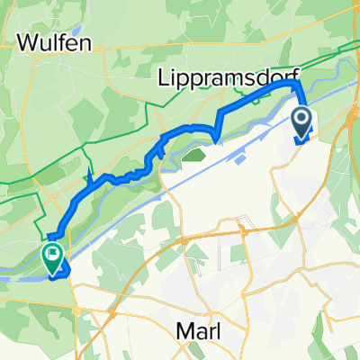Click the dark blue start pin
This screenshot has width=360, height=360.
click(x=302, y=123)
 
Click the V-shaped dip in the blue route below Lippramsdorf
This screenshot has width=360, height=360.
click(x=217, y=138)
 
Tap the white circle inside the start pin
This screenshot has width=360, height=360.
click(x=302, y=118)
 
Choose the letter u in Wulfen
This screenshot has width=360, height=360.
click(x=43, y=42)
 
